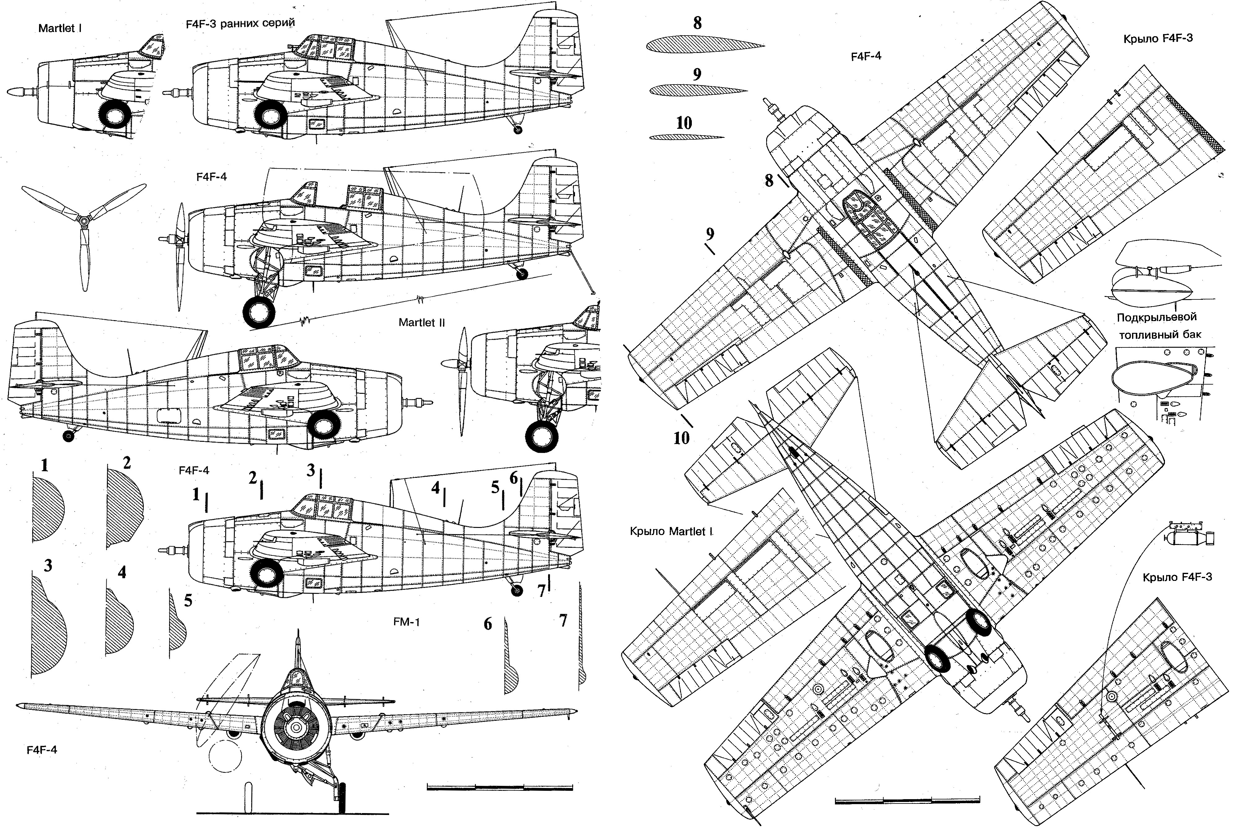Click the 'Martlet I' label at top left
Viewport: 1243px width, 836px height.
point(60,28)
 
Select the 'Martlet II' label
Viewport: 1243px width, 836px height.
point(421,323)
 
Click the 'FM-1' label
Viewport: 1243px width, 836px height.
point(406,622)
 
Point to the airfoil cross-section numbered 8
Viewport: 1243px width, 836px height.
point(704,45)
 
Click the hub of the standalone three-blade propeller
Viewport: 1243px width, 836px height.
point(84,220)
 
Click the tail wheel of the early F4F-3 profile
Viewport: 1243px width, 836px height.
point(517,129)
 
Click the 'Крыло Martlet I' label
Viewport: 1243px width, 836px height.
point(671,532)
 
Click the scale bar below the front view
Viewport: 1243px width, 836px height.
point(500,787)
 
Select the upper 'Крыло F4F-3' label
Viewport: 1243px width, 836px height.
point(1157,38)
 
